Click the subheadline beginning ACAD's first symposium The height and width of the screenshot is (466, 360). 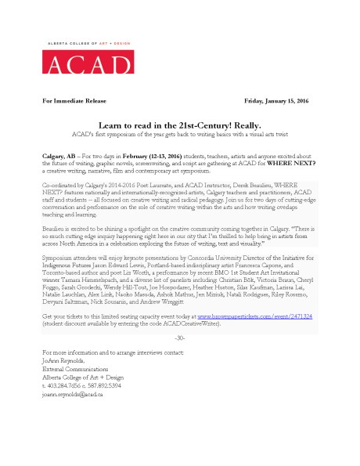tap(179, 134)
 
